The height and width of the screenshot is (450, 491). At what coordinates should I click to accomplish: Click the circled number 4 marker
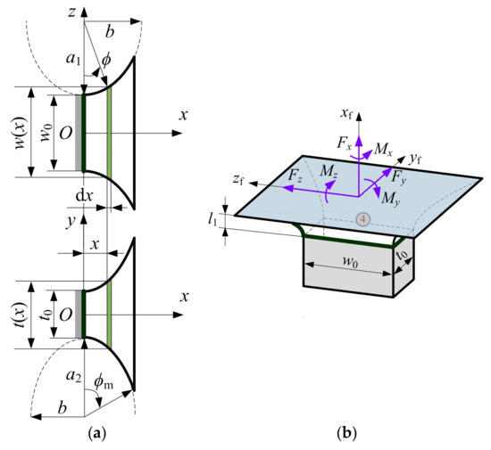[362, 219]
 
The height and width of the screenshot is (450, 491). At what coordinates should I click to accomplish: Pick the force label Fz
[296, 176]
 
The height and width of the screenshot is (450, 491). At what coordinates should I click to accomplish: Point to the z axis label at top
[68, 11]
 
